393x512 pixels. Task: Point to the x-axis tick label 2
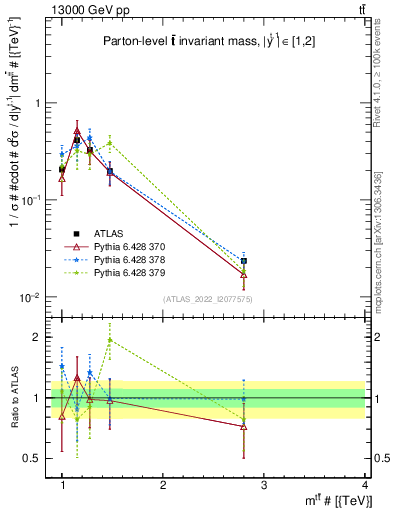[x=163, y=485]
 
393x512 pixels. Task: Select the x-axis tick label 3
[x=264, y=485]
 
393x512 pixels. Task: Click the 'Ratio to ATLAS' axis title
[x=13, y=397]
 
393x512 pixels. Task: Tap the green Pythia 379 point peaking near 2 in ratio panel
[x=110, y=340]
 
